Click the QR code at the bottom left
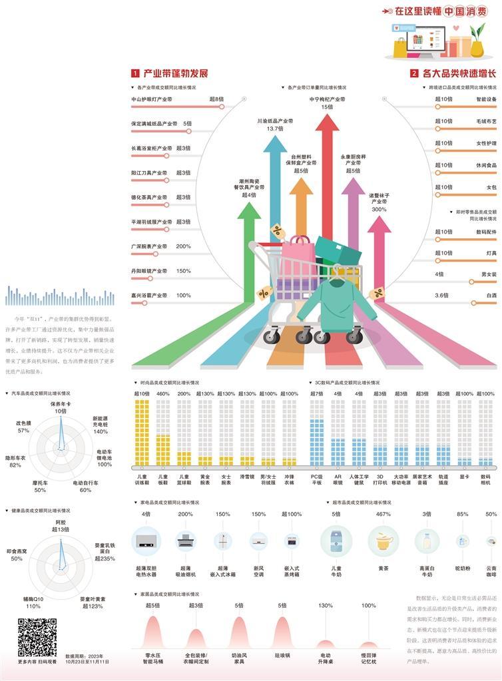(x=37, y=638)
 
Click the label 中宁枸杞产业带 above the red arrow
(x=327, y=99)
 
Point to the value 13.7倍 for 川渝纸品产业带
(x=275, y=128)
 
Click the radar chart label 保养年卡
(x=61, y=404)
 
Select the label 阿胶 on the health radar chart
(x=61, y=522)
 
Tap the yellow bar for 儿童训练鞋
(x=142, y=433)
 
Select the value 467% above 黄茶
(x=383, y=514)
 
